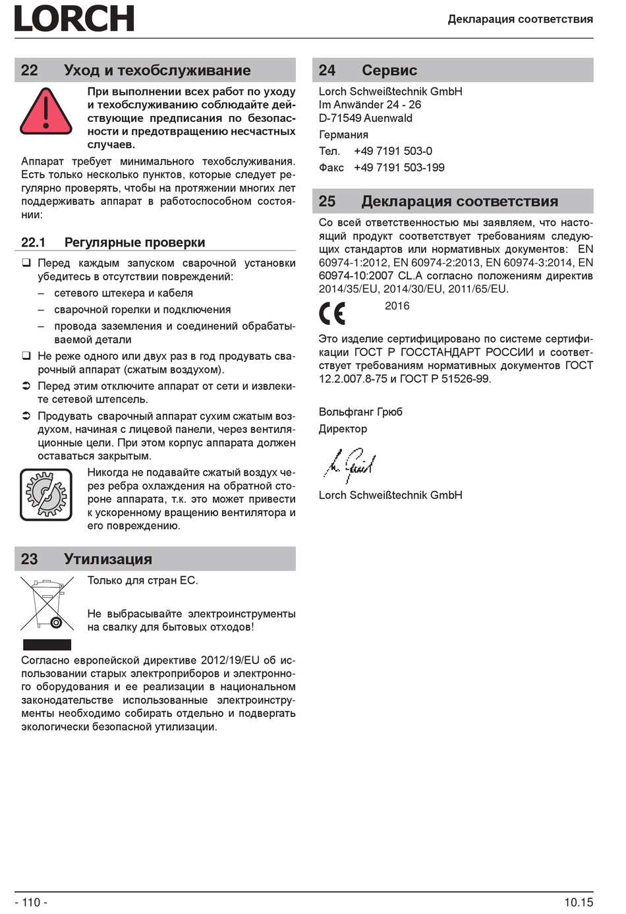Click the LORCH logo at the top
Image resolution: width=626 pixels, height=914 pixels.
(x=74, y=18)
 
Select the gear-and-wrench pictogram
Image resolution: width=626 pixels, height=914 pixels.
(x=45, y=494)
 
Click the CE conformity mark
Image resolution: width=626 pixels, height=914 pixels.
(x=332, y=313)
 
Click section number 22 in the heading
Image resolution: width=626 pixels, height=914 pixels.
(x=30, y=71)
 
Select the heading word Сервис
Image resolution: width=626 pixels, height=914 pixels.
(x=389, y=71)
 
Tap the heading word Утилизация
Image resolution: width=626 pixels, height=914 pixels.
(x=107, y=559)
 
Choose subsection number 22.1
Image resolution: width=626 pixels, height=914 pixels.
(x=33, y=243)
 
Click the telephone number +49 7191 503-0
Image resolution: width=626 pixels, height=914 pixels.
(x=393, y=151)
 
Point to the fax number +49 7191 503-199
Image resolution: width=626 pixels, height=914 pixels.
(x=399, y=167)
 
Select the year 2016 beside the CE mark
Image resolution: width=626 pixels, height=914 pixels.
(x=397, y=306)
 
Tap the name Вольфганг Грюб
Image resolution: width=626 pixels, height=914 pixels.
(x=360, y=412)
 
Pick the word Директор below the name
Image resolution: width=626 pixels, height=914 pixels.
(x=343, y=429)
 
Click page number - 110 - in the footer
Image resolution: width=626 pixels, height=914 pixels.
(x=31, y=902)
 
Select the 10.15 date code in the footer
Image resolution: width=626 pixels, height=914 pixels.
(x=578, y=902)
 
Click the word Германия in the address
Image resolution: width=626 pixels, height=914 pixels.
(x=343, y=134)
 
